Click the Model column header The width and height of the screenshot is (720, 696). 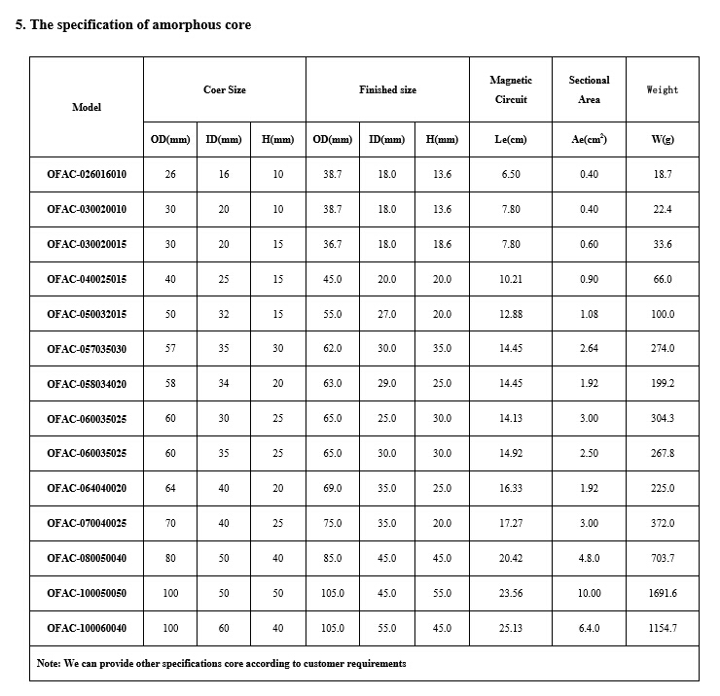pyautogui.click(x=87, y=107)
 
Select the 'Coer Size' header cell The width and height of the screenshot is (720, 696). pyautogui.click(x=225, y=89)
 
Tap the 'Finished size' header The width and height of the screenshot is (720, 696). pyautogui.click(x=387, y=89)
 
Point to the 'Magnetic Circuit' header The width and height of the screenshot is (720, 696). pyautogui.click(x=511, y=89)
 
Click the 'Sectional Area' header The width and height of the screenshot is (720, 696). pyautogui.click(x=589, y=89)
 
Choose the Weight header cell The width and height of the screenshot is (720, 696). pyautogui.click(x=663, y=89)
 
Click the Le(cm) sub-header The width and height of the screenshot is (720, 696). pyautogui.click(x=511, y=139)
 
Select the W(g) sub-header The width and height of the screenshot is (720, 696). pyautogui.click(x=663, y=139)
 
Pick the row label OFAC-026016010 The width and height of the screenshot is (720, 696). pyautogui.click(x=87, y=174)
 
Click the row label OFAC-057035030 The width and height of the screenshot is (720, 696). pyautogui.click(x=87, y=348)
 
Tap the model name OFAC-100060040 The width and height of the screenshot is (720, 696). pyautogui.click(x=87, y=628)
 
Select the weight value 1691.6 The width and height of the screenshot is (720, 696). pyautogui.click(x=663, y=593)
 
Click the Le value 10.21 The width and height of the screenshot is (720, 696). pyautogui.click(x=511, y=279)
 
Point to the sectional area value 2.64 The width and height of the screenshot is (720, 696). pyautogui.click(x=589, y=348)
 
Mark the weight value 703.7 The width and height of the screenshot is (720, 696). pyautogui.click(x=663, y=558)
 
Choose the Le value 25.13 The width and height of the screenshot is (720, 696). pyautogui.click(x=511, y=628)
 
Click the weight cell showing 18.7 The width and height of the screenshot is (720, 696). pyautogui.click(x=663, y=174)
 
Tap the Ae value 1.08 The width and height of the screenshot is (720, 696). pyautogui.click(x=589, y=314)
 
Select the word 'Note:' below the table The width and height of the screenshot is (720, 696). pyautogui.click(x=49, y=663)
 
